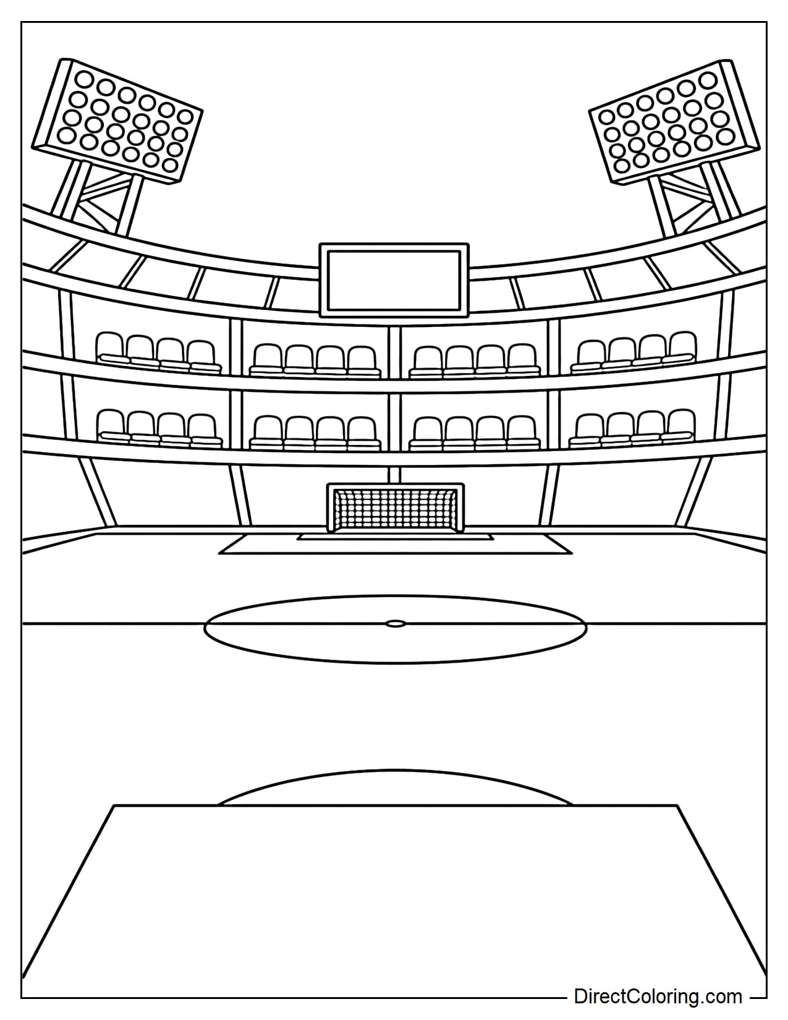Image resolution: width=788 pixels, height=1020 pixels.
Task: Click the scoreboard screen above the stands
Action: pyautogui.click(x=394, y=280)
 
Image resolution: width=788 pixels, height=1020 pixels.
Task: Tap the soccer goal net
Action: pyautogui.click(x=395, y=508)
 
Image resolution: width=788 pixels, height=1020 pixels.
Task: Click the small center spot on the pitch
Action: pyautogui.click(x=395, y=623)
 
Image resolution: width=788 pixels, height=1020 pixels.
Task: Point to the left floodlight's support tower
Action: pyautogui.click(x=101, y=197)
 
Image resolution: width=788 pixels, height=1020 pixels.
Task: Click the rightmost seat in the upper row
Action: pyautogui.click(x=682, y=346)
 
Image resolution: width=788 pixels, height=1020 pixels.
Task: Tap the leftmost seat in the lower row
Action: pyautogui.click(x=111, y=425)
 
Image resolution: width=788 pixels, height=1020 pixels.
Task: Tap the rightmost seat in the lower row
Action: pyautogui.click(x=680, y=424)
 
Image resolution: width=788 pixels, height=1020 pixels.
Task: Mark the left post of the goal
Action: pyautogui.click(x=330, y=508)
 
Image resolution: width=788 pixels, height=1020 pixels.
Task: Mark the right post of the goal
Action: pyautogui.click(x=460, y=508)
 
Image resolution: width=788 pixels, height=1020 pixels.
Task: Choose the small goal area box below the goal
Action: pyautogui.click(x=395, y=536)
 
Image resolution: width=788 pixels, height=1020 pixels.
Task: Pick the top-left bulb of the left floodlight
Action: pyautogui.click(x=83, y=79)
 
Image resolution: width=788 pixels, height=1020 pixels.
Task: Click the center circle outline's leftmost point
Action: pyautogui.click(x=205, y=624)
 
